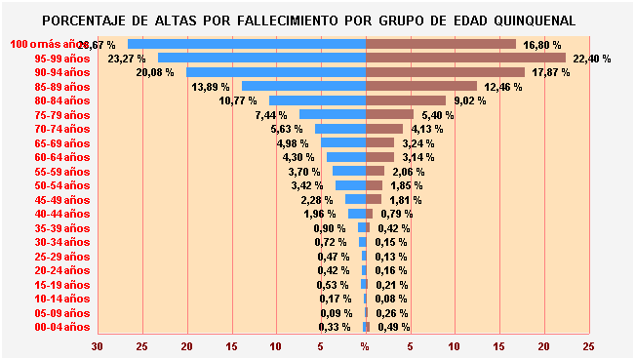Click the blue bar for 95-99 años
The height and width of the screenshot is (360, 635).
click(261, 58)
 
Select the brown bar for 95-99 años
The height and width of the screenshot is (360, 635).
click(465, 58)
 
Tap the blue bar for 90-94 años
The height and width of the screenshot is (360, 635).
click(276, 72)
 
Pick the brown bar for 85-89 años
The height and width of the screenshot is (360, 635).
click(421, 86)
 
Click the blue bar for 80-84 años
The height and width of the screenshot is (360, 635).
click(317, 100)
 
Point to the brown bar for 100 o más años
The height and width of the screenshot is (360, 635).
click(441, 44)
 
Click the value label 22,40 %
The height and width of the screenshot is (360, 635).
click(592, 59)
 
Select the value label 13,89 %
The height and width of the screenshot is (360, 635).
click(211, 87)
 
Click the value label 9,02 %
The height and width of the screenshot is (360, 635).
click(472, 100)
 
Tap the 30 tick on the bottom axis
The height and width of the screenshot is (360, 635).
click(98, 346)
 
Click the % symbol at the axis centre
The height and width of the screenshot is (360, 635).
click(365, 346)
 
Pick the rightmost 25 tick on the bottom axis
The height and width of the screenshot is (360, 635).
click(588, 346)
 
